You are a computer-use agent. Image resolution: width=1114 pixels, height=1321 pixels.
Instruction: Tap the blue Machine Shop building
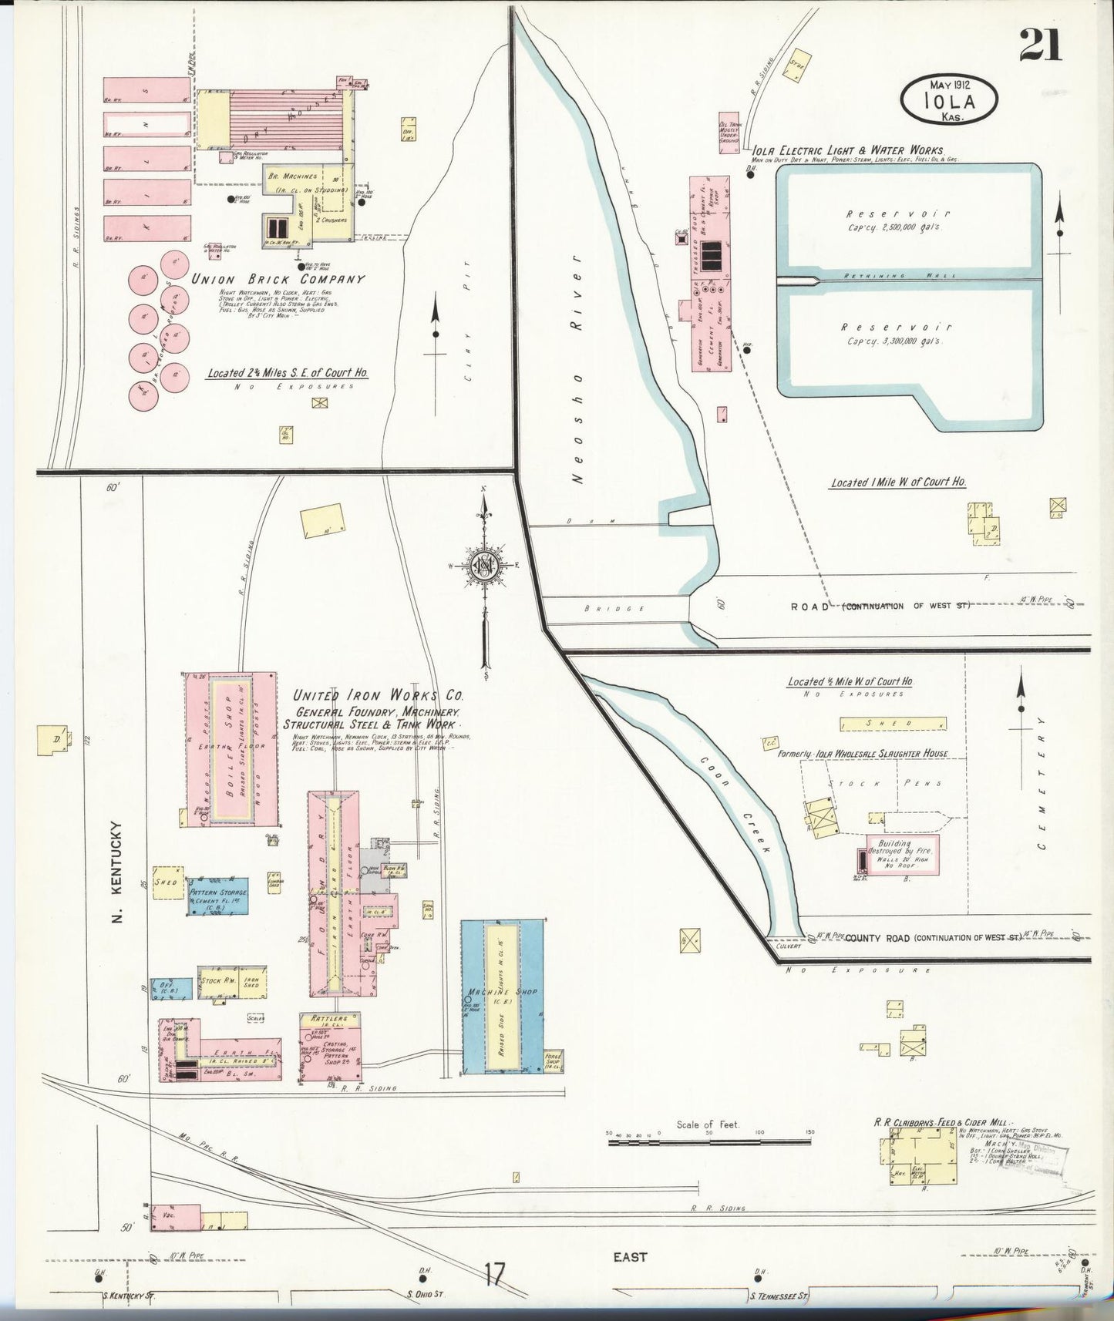coord(502,997)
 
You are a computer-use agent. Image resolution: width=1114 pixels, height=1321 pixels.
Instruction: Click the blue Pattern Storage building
coord(218,896)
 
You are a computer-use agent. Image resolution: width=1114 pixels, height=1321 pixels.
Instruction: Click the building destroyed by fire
coord(902,853)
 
